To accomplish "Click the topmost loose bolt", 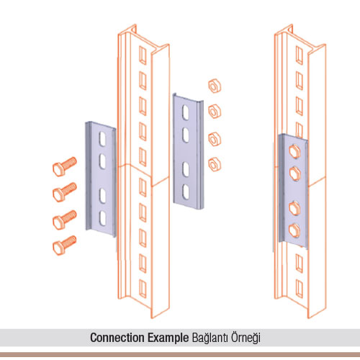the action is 64,166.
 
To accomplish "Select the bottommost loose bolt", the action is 64,245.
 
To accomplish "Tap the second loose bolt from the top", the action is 64,192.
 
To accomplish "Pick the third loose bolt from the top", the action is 64,220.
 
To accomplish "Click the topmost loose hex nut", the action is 215,86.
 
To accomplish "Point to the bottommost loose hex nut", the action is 215,164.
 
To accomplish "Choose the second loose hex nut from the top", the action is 215,112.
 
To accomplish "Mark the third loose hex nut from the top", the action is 215,139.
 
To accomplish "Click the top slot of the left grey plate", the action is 103,138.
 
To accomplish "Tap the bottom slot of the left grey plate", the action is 103,218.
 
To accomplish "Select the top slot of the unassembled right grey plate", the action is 186,112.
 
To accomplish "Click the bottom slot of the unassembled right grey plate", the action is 186,192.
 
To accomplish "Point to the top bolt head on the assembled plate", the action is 294,151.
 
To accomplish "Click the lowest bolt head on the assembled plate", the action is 294,230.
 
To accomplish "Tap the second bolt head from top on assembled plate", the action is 294,173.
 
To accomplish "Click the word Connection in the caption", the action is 118,338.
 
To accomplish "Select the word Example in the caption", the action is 168,338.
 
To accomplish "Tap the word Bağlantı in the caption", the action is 210,338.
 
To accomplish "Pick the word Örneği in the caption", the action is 246,338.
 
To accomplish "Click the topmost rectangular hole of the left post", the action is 143,55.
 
